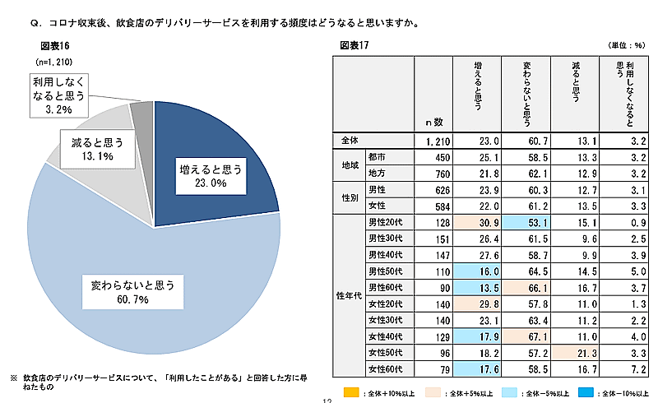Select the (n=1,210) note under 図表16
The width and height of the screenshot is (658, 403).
click(x=56, y=62)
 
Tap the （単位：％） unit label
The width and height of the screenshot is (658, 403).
click(x=626, y=45)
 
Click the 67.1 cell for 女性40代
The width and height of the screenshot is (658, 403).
click(x=526, y=336)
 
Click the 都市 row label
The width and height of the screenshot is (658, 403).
click(x=378, y=157)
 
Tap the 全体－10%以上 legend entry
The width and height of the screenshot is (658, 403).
click(x=612, y=393)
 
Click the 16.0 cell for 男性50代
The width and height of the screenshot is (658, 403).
click(x=474, y=271)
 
